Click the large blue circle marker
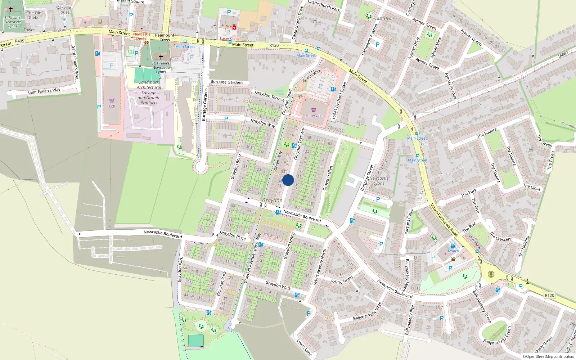tap(288, 180)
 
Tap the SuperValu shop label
tap(314, 116)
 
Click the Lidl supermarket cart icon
tap(112, 100)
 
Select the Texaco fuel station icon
tap(453, 246)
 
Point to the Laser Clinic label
tap(229, 39)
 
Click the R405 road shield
tap(19, 41)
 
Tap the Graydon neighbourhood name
tap(272, 200)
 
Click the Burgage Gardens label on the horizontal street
tap(227, 82)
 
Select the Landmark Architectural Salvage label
tap(149, 93)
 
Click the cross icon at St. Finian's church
tap(161, 57)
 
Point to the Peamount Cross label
tap(165, 37)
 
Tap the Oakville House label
tap(64, 10)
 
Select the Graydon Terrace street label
tap(270, 96)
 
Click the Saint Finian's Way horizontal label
tap(44, 91)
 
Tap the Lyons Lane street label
tap(304, 347)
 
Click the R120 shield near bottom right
tap(549, 295)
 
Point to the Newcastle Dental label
tap(142, 36)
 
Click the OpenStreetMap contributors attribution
tap(548, 356)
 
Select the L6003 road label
tap(563, 55)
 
